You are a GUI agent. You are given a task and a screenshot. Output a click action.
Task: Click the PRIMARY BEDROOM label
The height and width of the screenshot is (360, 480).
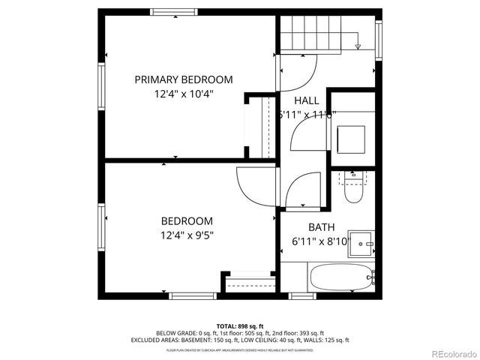click(x=183, y=79)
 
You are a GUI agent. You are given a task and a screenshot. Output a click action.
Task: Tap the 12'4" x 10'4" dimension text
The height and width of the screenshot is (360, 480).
click(x=183, y=94)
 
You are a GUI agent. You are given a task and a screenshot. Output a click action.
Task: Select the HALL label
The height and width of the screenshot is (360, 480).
click(x=306, y=100)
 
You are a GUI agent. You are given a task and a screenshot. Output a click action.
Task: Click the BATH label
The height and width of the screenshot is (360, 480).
click(x=322, y=227)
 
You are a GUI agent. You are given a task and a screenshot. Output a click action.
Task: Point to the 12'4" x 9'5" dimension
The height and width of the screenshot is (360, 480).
click(x=186, y=235)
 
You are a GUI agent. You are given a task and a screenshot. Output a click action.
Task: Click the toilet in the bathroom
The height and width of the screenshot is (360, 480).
click(x=352, y=190)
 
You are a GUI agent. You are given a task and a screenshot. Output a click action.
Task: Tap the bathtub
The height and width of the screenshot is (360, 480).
click(x=340, y=278)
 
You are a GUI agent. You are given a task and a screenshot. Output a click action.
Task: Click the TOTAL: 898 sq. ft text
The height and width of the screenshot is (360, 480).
click(x=240, y=326)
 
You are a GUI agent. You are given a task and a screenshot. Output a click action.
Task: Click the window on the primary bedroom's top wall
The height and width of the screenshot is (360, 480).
click(x=175, y=10)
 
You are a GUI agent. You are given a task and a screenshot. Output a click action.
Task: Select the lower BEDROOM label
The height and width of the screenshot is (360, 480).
click(x=186, y=221)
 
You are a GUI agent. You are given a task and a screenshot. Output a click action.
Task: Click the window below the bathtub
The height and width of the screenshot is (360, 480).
click(x=302, y=297)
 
